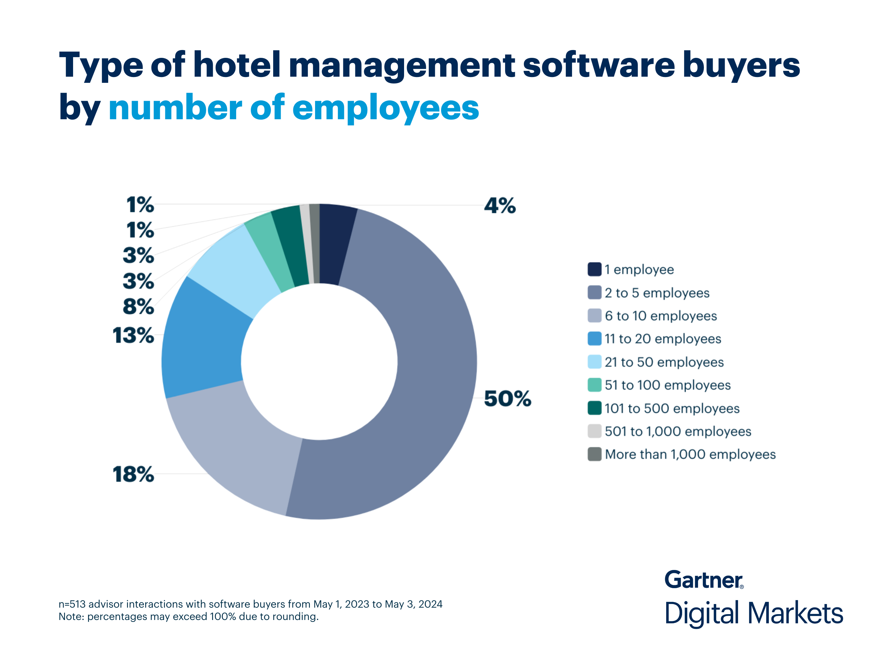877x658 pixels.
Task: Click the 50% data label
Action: pyautogui.click(x=507, y=399)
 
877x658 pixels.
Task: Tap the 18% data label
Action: pyautogui.click(x=133, y=474)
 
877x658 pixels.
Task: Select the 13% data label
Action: pyautogui.click(x=133, y=336)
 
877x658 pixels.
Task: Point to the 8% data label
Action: pyautogui.click(x=138, y=307)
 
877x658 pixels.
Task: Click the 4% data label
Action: pyautogui.click(x=500, y=206)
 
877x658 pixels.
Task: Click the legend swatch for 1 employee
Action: pyautogui.click(x=594, y=269)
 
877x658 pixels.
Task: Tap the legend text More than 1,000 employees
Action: pyautogui.click(x=690, y=455)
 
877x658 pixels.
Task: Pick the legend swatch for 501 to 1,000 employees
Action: pyautogui.click(x=594, y=431)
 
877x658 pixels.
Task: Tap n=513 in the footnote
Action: pyautogui.click(x=72, y=604)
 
